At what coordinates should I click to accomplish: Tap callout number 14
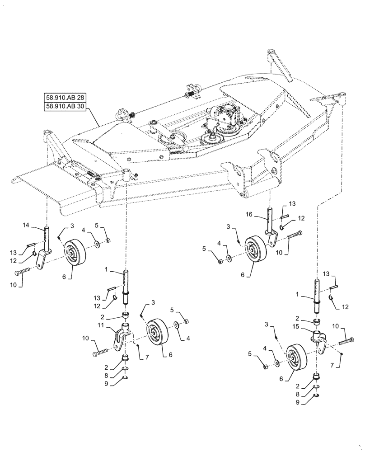coord(25,225)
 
